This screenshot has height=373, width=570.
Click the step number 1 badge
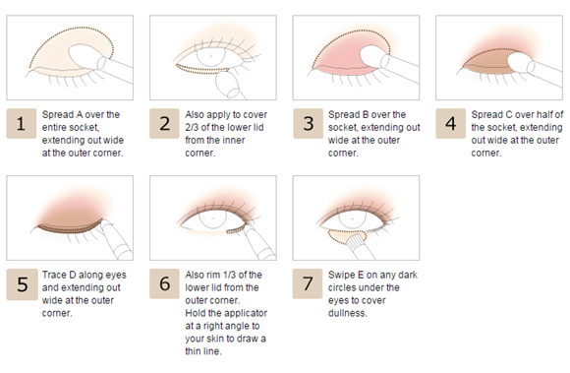tap(21, 123)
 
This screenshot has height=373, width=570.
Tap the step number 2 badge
tap(164, 123)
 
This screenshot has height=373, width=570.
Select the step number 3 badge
tap(308, 123)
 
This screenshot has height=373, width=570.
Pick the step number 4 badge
tap(451, 123)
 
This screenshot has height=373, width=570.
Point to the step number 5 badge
tap(22, 284)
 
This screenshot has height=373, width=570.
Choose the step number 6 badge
tap(164, 283)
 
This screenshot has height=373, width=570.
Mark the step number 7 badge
tap(308, 283)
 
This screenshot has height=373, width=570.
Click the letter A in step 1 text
tap(80, 114)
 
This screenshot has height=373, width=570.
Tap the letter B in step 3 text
tap(366, 114)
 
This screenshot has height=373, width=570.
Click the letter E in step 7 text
tap(361, 275)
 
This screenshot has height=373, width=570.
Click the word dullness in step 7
tap(347, 313)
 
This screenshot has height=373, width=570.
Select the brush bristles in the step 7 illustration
tap(355, 240)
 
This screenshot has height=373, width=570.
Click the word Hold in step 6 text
tap(196, 313)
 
